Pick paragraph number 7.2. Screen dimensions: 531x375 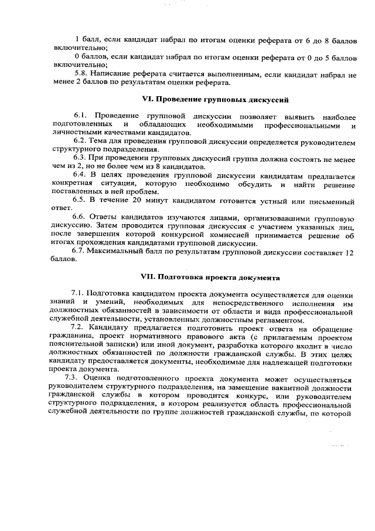tap(78, 327)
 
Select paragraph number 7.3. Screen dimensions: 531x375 tap(72, 378)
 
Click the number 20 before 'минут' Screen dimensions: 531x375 tap(137, 200)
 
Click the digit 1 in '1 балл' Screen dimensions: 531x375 tap(77, 39)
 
